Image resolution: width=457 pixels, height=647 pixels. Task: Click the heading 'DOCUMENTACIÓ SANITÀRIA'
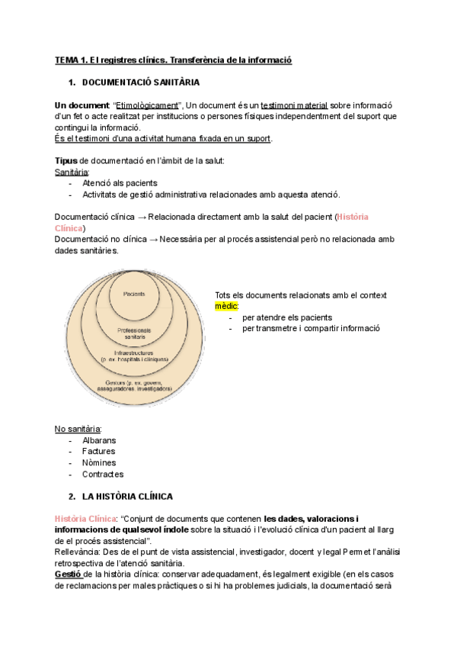tap(140, 82)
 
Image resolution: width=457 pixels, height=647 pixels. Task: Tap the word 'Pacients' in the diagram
tap(135, 293)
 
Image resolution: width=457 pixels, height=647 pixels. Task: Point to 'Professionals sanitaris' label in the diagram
tap(135, 333)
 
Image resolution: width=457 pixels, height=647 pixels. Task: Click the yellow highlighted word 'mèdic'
tap(226, 305)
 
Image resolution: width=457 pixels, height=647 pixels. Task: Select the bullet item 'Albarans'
tap(99, 440)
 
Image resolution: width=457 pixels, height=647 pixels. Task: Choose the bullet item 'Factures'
tap(98, 452)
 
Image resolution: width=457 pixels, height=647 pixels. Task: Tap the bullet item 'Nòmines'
tap(98, 463)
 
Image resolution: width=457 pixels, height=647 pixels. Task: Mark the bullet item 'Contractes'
tap(102, 475)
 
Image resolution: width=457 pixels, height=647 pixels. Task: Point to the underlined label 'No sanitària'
tap(78, 428)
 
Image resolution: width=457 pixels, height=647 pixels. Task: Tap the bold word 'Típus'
tap(66, 160)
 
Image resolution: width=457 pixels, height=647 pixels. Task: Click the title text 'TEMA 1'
tap(71, 60)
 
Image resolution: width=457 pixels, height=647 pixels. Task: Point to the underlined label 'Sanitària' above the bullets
tap(72, 172)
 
